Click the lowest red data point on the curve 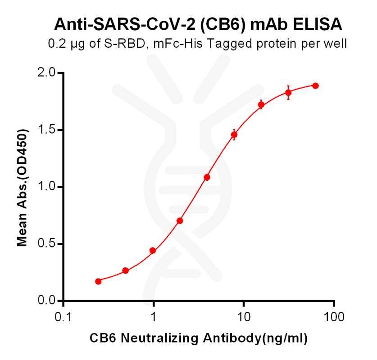point(99,281)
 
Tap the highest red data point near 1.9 point(315,85)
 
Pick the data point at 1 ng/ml point(153,251)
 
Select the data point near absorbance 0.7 point(180,220)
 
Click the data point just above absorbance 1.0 point(207,177)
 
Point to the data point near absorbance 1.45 point(234,135)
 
